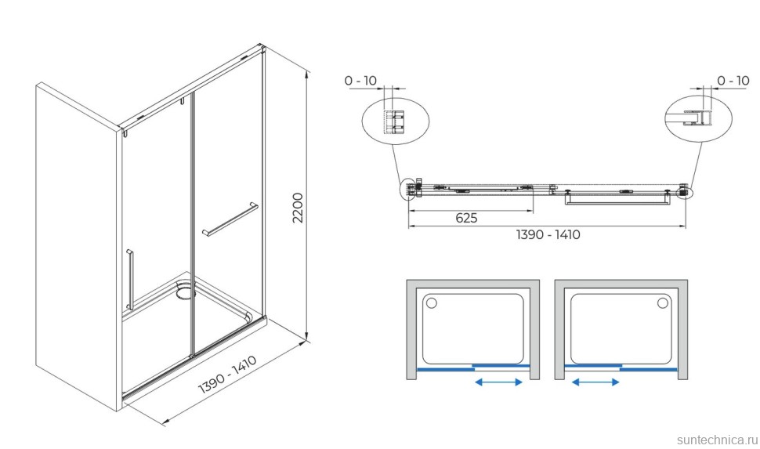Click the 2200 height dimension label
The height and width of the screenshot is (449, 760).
pyautogui.click(x=298, y=208)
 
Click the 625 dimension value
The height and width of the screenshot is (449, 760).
pyautogui.click(x=466, y=218)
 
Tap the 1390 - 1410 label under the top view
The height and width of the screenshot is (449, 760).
pyautogui.click(x=548, y=234)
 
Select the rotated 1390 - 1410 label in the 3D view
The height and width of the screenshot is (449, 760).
pyautogui.click(x=227, y=375)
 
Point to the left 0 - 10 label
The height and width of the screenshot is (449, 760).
pyautogui.click(x=360, y=81)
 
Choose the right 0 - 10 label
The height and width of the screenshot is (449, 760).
pyautogui.click(x=733, y=81)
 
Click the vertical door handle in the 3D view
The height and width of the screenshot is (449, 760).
pyautogui.click(x=129, y=280)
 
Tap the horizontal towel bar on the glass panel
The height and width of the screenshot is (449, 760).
pyautogui.click(x=230, y=219)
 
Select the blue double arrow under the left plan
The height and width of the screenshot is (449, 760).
pyautogui.click(x=498, y=382)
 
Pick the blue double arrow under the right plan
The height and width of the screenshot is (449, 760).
pyautogui.click(x=595, y=382)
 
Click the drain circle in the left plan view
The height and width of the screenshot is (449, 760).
pyautogui.click(x=431, y=303)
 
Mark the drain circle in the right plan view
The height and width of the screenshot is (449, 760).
pyautogui.click(x=663, y=303)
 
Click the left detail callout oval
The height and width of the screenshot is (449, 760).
pyautogui.click(x=396, y=121)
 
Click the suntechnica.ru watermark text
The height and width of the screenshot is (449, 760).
pyautogui.click(x=717, y=440)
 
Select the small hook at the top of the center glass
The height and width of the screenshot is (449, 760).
pyautogui.click(x=183, y=101)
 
